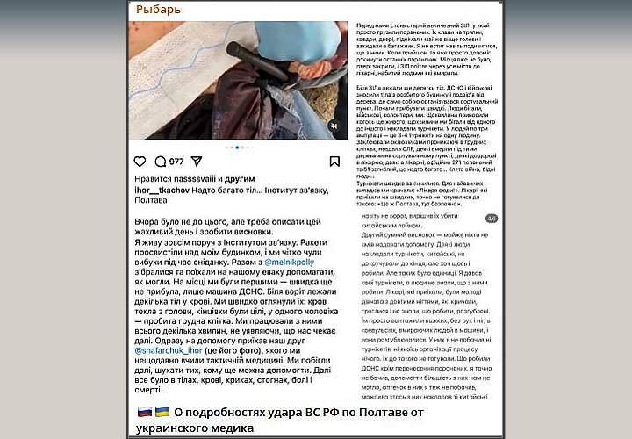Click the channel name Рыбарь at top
pyautogui.click(x=160, y=10)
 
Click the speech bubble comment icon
pyautogui.click(x=160, y=162)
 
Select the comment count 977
pyautogui.click(x=176, y=162)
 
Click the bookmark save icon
pyautogui.click(x=334, y=162)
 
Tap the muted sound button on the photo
pyautogui.click(x=333, y=126)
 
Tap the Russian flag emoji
pyautogui.click(x=144, y=412)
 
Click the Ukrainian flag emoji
pyautogui.click(x=162, y=412)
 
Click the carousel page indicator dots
pyautogui.click(x=236, y=148)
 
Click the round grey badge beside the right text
pyautogui.click(x=492, y=219)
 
